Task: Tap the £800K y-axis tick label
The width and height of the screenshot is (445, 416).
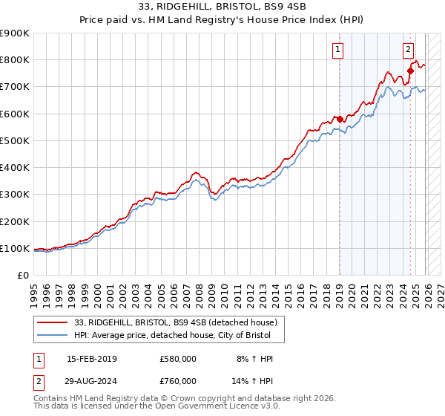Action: point(15,60)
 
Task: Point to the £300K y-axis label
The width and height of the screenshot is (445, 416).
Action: point(15,195)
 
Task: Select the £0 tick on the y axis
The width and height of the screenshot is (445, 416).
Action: point(22,276)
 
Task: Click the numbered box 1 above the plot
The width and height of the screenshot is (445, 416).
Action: point(338,50)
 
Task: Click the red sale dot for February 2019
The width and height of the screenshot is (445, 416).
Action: point(340,119)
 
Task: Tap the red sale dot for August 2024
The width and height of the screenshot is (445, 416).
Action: point(410,71)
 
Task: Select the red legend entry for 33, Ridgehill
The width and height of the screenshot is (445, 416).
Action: point(176,322)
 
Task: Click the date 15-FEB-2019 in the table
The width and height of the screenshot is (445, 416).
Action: point(92,359)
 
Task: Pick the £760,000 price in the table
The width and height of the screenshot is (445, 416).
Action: point(178,381)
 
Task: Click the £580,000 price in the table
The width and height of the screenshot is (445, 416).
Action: point(178,359)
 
